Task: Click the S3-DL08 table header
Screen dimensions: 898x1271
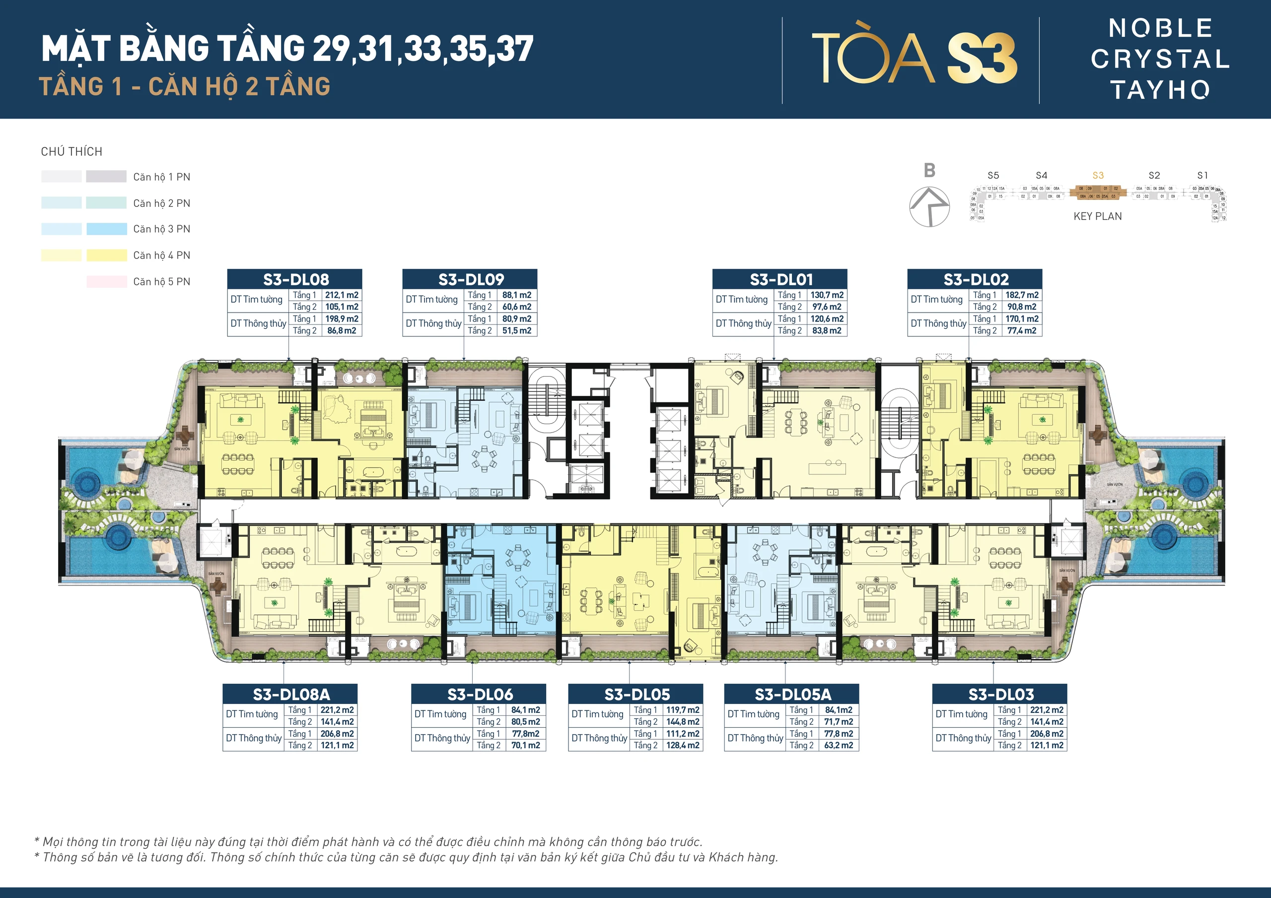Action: tap(295, 279)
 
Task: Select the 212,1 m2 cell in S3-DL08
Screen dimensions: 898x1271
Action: tap(342, 295)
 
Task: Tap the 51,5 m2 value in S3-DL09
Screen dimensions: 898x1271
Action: tap(516, 330)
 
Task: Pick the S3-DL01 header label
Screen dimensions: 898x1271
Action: tap(780, 279)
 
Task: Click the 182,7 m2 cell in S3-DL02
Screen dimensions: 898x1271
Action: tap(1021, 295)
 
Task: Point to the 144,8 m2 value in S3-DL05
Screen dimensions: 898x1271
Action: tap(683, 721)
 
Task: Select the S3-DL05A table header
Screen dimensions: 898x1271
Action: tap(791, 695)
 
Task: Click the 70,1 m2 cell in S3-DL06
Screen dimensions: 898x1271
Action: tap(525, 745)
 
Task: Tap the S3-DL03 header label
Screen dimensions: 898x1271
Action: tap(1000, 695)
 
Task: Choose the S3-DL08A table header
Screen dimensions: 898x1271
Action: tap(290, 695)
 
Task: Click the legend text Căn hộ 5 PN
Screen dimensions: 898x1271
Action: tap(162, 282)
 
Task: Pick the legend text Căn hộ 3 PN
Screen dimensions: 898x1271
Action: tap(162, 229)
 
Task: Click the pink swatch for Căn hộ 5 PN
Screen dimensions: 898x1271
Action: tap(106, 282)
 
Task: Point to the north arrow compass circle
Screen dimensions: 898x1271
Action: tap(929, 206)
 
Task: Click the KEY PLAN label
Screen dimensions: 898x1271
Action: tap(1097, 216)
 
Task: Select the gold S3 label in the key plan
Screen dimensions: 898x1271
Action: tap(1098, 176)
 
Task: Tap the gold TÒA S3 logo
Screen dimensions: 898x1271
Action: tap(914, 58)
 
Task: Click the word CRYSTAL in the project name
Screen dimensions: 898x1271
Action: tap(1160, 59)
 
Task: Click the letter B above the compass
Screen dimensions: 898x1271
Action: tap(929, 170)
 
